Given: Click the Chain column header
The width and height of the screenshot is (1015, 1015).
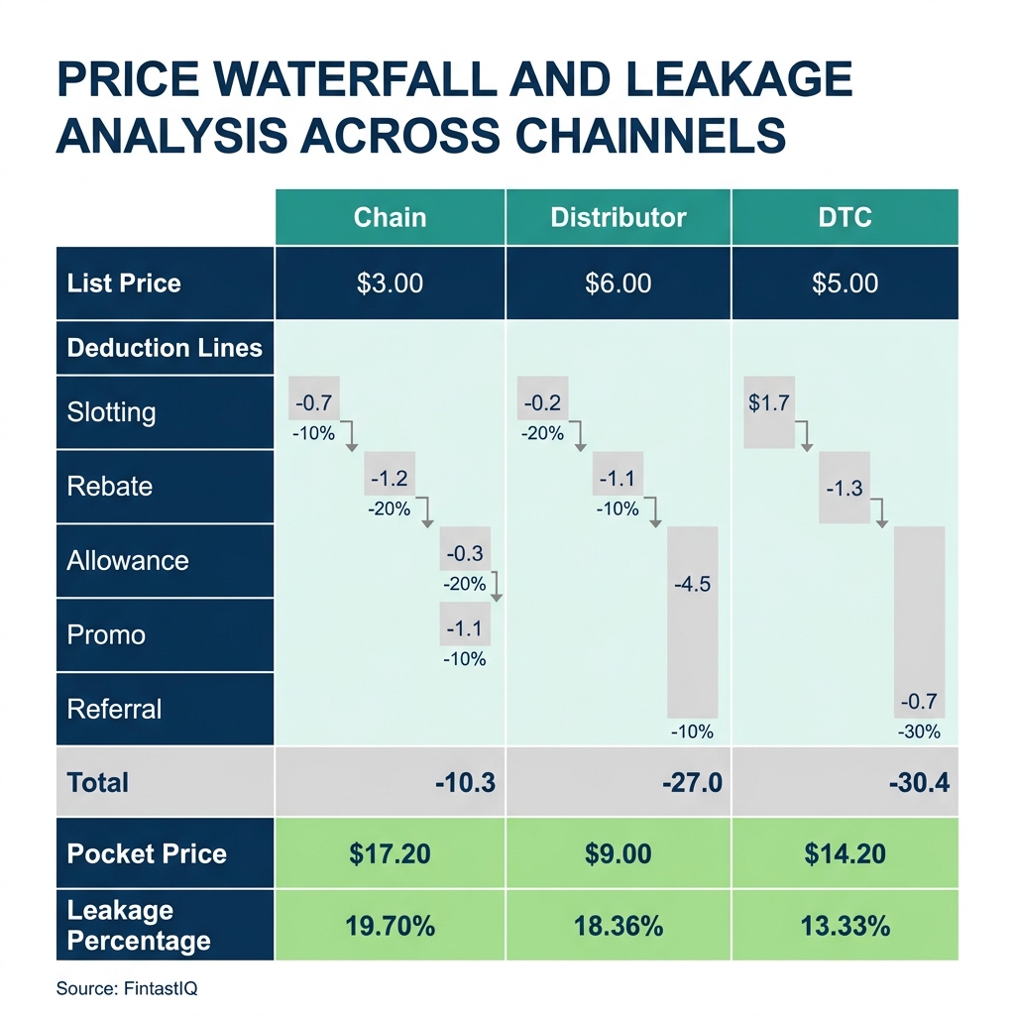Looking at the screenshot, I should point(390,217).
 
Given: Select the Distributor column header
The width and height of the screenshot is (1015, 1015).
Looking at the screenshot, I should point(618,217).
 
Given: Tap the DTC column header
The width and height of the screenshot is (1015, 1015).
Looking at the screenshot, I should point(845,217).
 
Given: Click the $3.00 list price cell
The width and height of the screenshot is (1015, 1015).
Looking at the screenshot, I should point(390,283).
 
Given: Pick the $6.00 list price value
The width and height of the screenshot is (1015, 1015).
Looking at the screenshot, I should point(618,283).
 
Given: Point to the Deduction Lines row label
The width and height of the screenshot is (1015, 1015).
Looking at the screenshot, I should point(165,348).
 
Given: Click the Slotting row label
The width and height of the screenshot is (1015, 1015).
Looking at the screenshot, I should point(111,412).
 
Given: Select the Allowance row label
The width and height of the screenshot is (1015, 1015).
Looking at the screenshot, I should point(127,561).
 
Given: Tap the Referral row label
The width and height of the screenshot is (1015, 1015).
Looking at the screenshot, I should point(114,710).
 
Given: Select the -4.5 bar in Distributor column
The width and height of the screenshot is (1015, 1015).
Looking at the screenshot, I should point(692,621).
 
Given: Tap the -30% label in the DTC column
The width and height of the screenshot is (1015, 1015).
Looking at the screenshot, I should point(919,733).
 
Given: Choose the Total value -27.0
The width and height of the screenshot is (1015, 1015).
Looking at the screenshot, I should point(692,783).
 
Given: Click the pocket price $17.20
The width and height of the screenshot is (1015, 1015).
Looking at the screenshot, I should point(390,853).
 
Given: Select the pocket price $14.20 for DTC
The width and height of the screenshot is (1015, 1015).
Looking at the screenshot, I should point(845,853).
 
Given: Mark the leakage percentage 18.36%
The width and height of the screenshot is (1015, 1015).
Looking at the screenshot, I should point(618,926).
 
